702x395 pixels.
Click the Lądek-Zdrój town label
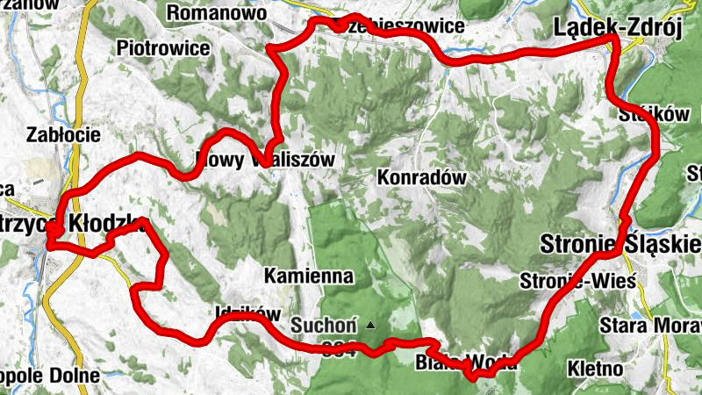tap(618, 29)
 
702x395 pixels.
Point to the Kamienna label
tap(308, 276)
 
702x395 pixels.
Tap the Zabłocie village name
tap(63, 134)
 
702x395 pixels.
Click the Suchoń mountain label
tap(323, 326)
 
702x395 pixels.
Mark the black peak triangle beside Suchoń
tap(370, 326)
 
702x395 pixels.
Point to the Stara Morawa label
tap(648, 327)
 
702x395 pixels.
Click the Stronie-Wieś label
tap(577, 281)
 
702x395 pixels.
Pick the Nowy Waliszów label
tap(263, 160)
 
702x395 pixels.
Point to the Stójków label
tap(644, 114)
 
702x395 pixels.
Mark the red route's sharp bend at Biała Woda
tap(475, 377)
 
